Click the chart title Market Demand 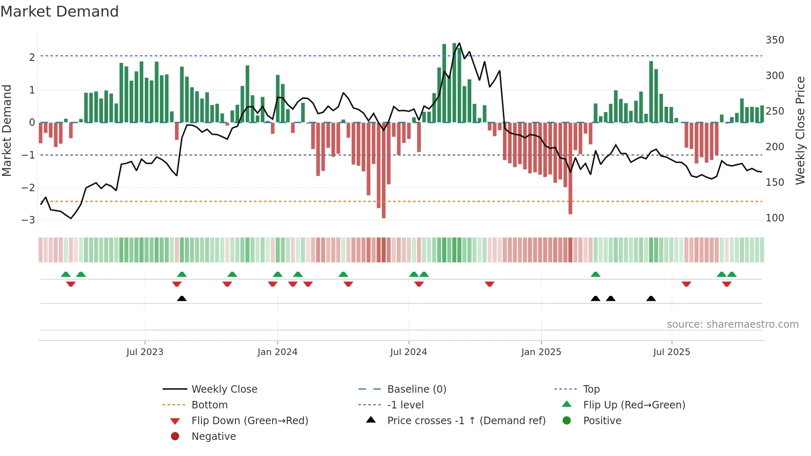pos(60,12)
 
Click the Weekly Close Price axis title pos(800,130)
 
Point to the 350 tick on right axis pos(775,40)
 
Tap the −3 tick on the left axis pos(29,220)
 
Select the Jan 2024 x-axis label pos(277,352)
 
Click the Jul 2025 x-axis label pos(672,352)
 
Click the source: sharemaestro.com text pos(732,324)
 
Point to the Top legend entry pos(591,389)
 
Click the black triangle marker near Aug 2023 pos(182,298)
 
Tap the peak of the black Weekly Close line pos(459,43)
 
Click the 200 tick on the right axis pos(775,147)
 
